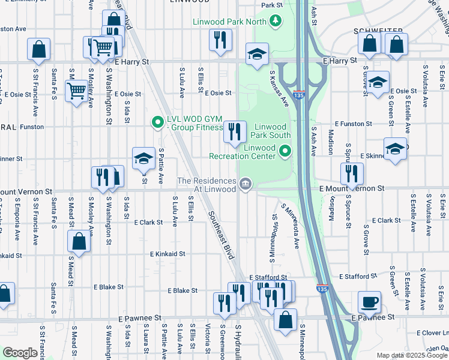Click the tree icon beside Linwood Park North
tap(276, 21)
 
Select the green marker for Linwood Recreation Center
tap(285, 151)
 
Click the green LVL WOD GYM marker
tap(158, 123)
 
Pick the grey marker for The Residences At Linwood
tap(245, 184)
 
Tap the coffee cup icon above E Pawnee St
tap(369, 302)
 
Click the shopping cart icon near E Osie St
tap(76, 92)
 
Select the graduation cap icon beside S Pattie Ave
tap(143, 158)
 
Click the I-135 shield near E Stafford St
tap(322, 289)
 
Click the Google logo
tap(20, 353)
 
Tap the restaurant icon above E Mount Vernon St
tap(351, 173)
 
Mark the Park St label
tap(271, 5)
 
